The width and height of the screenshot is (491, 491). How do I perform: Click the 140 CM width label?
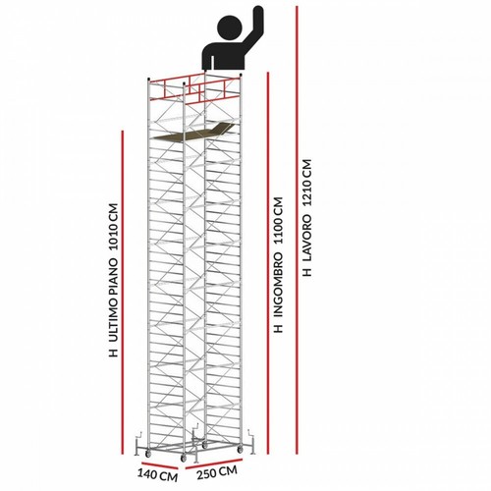[x=157, y=474]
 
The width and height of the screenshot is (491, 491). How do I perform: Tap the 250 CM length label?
[x=217, y=472]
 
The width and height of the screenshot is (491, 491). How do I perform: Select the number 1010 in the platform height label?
[x=113, y=228]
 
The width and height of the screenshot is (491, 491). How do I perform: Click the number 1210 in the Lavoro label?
[x=307, y=183]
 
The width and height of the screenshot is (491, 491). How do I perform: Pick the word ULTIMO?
[x=113, y=321]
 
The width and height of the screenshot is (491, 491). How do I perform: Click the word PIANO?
[x=113, y=277]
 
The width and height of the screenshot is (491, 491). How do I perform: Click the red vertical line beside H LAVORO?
[x=297, y=230]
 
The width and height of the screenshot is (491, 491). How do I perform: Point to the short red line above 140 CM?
[x=160, y=465]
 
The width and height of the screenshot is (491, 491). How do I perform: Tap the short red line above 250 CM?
[x=214, y=464]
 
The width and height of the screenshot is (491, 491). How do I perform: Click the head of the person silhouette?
[x=229, y=27]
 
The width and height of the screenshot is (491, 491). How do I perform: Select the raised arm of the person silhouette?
[x=252, y=27]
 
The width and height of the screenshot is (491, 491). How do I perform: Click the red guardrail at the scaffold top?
[x=194, y=89]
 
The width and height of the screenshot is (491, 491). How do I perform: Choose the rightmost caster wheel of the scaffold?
[x=241, y=450]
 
